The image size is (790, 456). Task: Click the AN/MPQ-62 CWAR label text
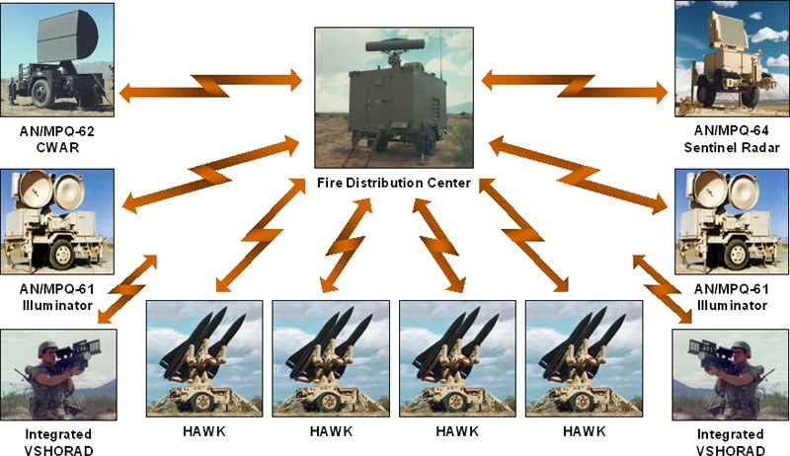[x=57, y=137]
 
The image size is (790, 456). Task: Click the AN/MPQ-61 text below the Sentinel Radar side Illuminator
[x=731, y=289]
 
